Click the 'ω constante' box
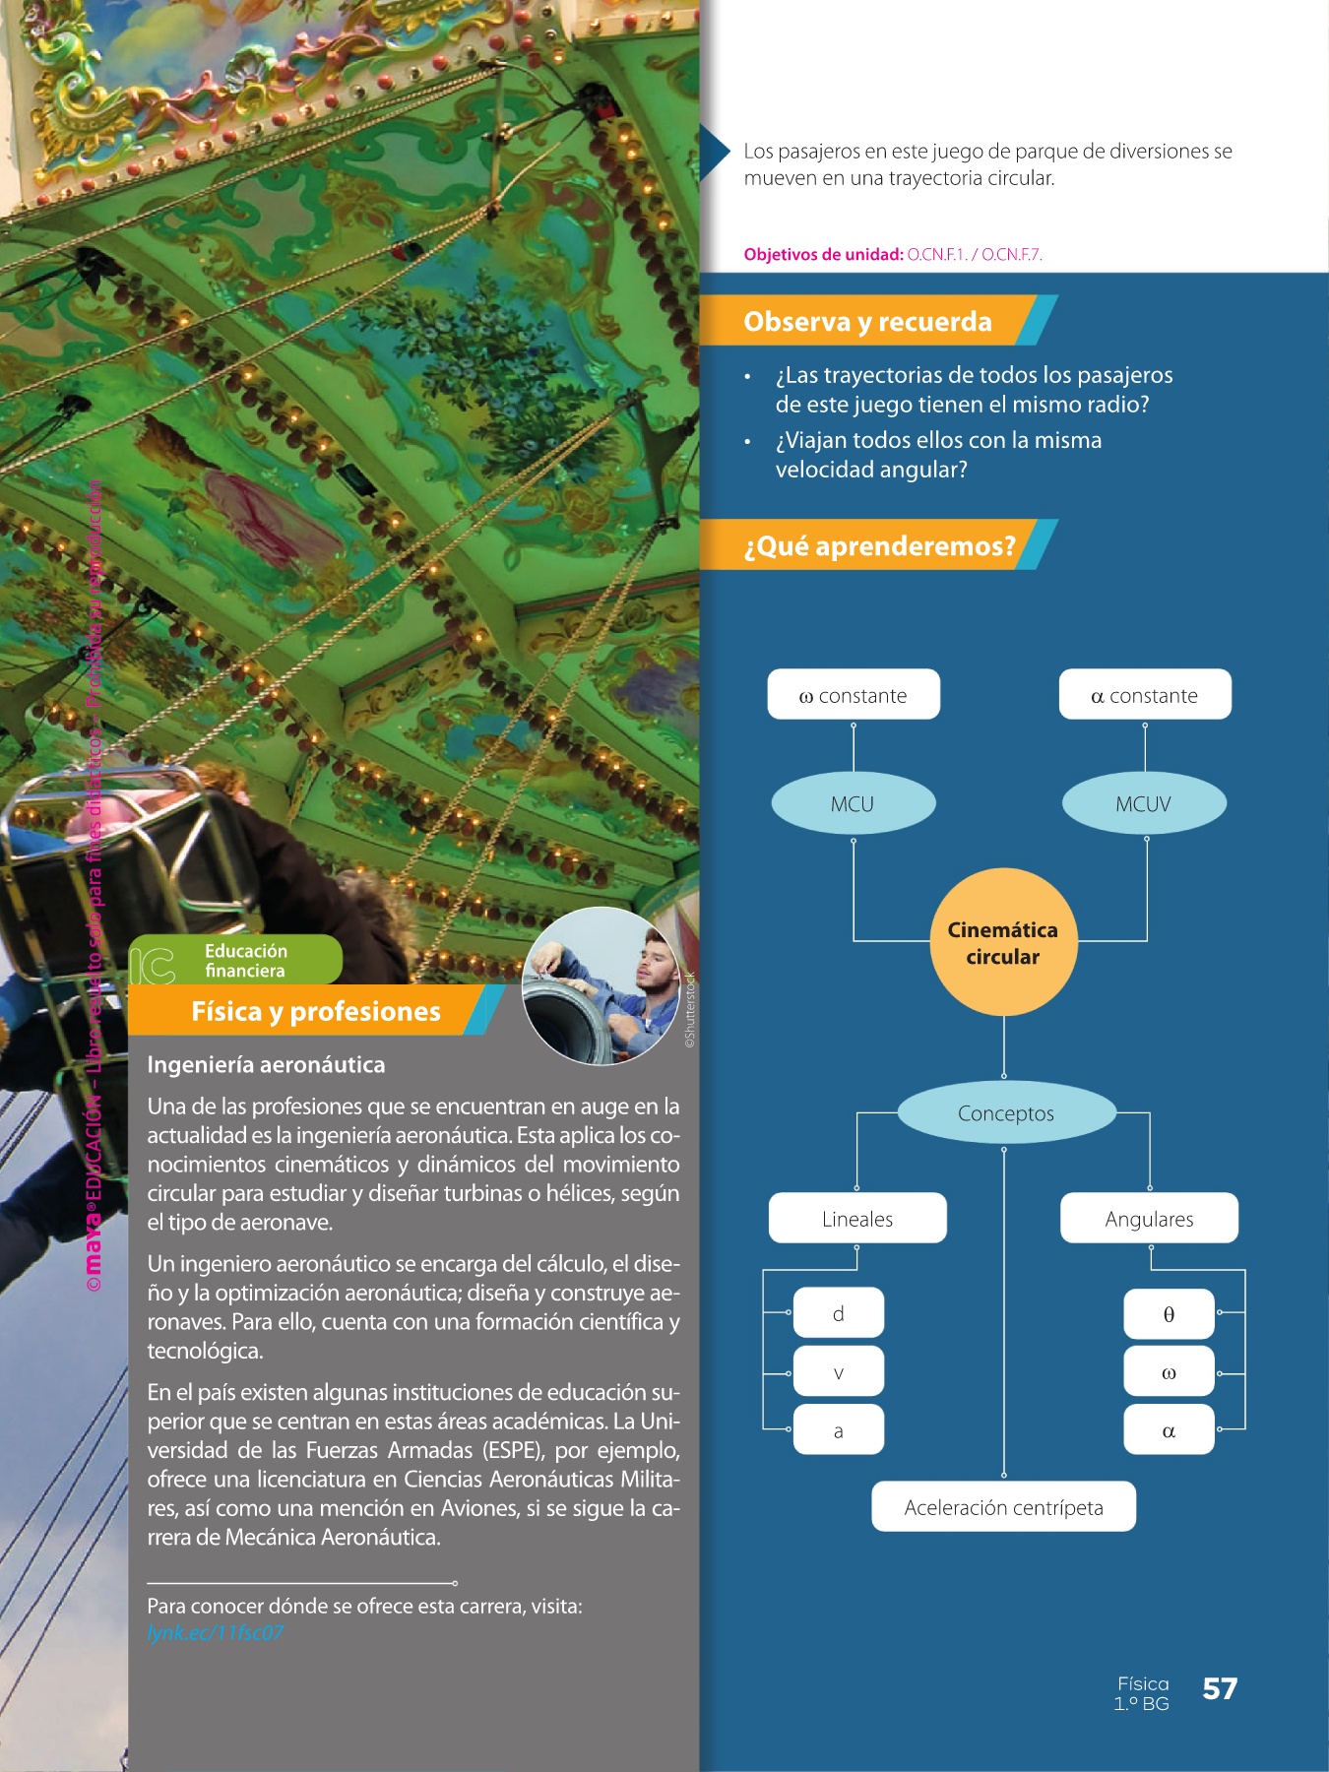854,695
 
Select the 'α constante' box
1145,695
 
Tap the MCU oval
853,803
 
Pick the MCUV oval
1144,803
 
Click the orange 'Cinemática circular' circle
1003,942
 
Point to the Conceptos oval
1006,1113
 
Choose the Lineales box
857,1219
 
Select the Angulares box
1149,1219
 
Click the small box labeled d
839,1313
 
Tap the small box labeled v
839,1372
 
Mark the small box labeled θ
1169,1314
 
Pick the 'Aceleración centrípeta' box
1003,1507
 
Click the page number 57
1220,1689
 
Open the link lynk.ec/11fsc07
216,1632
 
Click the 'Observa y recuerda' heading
867,322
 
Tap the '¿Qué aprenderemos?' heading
879,545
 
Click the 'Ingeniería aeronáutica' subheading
266,1065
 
